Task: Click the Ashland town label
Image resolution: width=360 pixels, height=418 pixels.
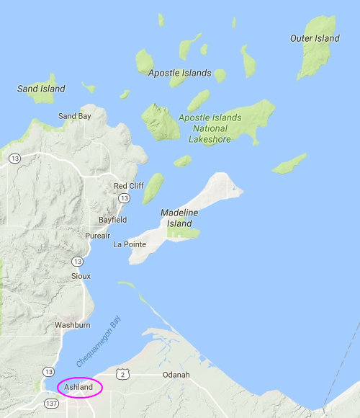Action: tap(79, 387)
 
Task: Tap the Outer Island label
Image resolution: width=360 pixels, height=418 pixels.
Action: tap(314, 37)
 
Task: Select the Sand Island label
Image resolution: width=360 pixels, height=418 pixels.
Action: tap(41, 89)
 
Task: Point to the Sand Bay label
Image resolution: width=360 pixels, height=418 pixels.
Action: tap(76, 116)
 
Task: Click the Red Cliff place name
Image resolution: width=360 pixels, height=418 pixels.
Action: tap(129, 186)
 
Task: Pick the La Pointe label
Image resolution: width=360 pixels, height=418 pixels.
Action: tap(130, 244)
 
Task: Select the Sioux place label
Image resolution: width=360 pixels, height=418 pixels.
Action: tap(81, 276)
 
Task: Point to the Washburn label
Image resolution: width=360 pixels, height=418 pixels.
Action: tap(72, 325)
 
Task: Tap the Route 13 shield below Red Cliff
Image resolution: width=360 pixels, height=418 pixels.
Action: tap(125, 198)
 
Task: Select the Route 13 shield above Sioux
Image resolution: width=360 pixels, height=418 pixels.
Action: tap(78, 261)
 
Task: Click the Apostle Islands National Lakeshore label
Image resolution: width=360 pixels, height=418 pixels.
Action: tap(210, 128)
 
